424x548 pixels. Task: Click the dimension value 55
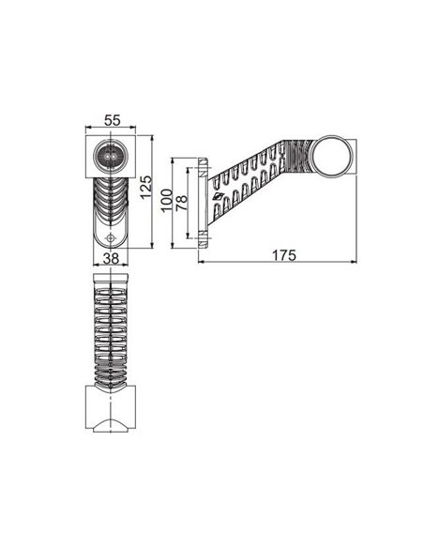pyautogui.click(x=111, y=120)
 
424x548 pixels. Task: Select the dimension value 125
pyautogui.click(x=144, y=191)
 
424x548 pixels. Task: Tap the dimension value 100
pyautogui.click(x=166, y=201)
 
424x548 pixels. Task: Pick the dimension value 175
pyautogui.click(x=279, y=254)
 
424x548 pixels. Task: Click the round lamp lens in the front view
pyautogui.click(x=111, y=155)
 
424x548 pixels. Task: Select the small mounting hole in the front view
pyautogui.click(x=111, y=238)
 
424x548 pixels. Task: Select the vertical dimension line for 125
pyautogui.click(x=153, y=191)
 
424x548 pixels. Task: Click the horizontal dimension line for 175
pyautogui.click(x=279, y=263)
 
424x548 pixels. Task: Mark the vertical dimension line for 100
pyautogui.click(x=174, y=201)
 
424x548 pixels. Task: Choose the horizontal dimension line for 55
pyautogui.click(x=111, y=129)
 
